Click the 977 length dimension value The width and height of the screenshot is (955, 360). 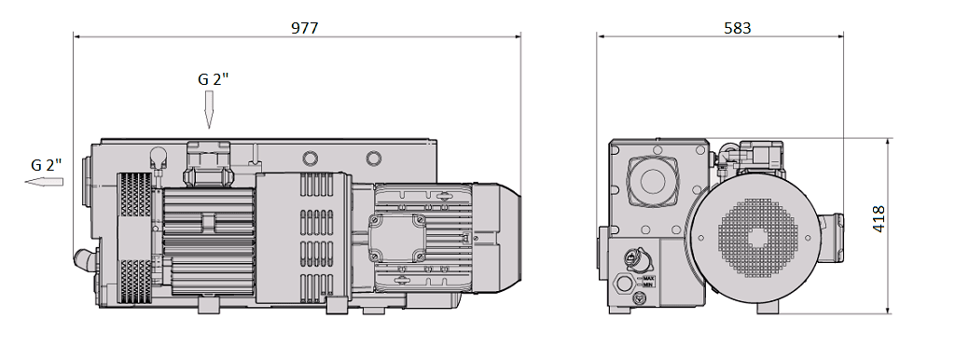[304, 28]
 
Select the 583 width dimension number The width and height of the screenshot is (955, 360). [737, 28]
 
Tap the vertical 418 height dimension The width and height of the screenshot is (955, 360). [879, 219]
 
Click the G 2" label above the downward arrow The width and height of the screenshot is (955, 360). [213, 79]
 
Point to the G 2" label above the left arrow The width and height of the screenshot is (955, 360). [46, 164]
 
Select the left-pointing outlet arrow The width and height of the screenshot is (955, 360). [44, 182]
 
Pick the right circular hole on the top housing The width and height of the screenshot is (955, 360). [373, 158]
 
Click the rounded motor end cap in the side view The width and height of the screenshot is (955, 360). [502, 228]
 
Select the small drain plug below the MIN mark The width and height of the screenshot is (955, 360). [640, 299]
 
